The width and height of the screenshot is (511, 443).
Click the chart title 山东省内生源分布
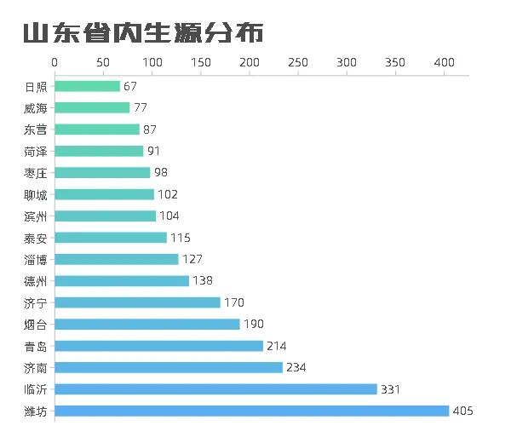tap(143, 33)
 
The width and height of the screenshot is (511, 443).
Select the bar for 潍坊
tap(251, 411)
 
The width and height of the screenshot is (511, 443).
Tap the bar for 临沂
tap(215, 389)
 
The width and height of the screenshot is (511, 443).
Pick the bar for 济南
tap(169, 367)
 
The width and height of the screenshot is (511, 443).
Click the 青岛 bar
tap(158, 346)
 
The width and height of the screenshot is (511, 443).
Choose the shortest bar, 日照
tap(87, 86)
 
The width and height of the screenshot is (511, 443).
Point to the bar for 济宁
tap(137, 302)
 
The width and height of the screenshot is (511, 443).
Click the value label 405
tap(462, 411)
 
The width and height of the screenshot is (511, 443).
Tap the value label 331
tap(391, 389)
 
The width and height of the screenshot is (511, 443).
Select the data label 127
tap(192, 259)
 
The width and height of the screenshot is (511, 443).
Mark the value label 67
tap(130, 86)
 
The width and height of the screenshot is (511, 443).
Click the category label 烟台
tap(36, 324)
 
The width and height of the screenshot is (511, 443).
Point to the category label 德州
tap(36, 281)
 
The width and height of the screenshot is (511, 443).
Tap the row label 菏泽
tap(36, 151)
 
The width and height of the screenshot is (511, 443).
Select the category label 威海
tap(36, 108)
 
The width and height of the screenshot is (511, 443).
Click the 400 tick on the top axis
tap(444, 63)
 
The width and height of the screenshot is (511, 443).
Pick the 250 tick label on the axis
tap(298, 63)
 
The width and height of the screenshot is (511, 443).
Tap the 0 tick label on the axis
tap(55, 63)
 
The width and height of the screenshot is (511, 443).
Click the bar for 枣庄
tap(102, 173)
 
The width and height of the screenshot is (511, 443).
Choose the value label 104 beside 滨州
tap(169, 216)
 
